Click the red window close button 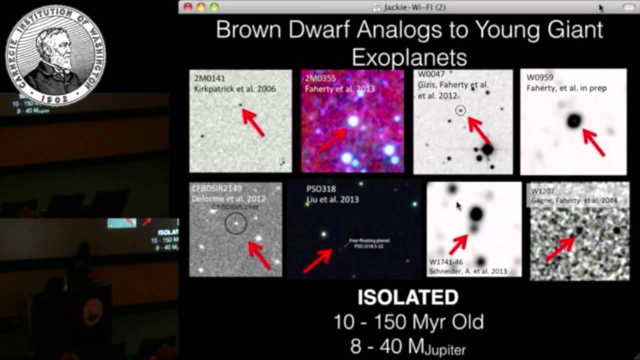point(188,7)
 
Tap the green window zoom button point(214,7)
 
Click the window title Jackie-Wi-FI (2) point(414,7)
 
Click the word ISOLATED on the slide point(408,297)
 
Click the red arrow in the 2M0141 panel point(253,122)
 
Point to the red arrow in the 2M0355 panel point(332,140)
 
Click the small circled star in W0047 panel point(460,110)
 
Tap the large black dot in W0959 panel point(574,120)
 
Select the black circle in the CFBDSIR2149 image point(235,223)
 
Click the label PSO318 point(321,189)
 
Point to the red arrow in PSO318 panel point(318,260)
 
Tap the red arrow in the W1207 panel point(559,248)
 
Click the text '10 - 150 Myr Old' point(408,322)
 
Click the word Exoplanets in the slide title point(409,57)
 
